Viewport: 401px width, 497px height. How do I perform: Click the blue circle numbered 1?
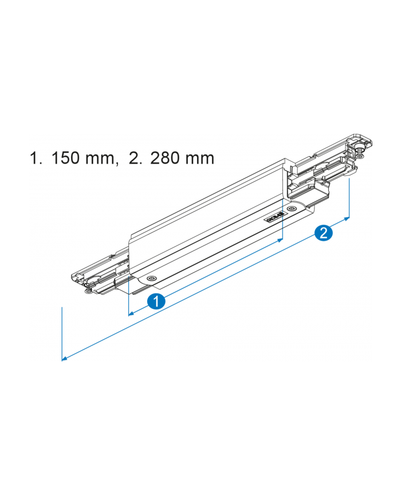click(156, 301)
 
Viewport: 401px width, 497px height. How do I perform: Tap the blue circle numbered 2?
click(323, 232)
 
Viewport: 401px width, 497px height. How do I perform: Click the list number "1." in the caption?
click(36, 158)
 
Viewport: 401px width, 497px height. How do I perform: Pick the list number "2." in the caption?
click(136, 158)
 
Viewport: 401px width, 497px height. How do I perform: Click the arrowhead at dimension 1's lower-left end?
click(131, 313)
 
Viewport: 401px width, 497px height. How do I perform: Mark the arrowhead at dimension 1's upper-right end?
click(280, 241)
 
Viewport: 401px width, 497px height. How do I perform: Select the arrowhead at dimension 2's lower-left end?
click(65, 359)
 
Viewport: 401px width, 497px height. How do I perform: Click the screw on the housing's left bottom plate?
click(150, 278)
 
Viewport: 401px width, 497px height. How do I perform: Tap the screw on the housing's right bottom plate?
click(292, 210)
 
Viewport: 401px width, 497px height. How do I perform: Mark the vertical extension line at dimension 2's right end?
click(349, 194)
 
